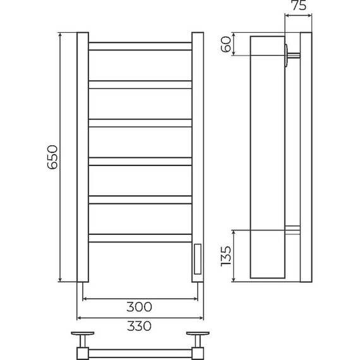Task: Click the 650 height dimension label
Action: coord(52,157)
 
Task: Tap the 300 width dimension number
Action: coord(139,307)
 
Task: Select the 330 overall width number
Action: coord(139,326)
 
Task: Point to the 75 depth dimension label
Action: coord(299,5)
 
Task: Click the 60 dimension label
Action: coord(226,44)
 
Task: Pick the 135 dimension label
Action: coord(226,256)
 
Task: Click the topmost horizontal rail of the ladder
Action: coord(140,46)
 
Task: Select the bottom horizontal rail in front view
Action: coord(140,238)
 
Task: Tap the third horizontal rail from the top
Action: coord(140,123)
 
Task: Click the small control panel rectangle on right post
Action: coord(198,259)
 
